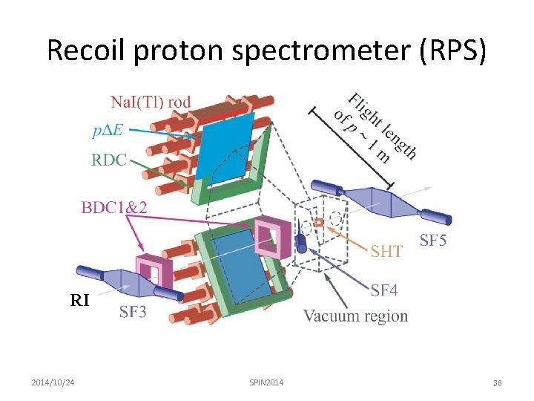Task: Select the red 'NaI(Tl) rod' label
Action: [x=151, y=102]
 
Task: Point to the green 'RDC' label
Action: [x=109, y=160]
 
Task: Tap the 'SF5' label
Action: [x=433, y=240]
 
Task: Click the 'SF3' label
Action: [x=133, y=312]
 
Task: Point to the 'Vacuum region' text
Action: [x=355, y=316]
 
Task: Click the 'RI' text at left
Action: [x=79, y=301]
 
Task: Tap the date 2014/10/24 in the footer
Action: [x=57, y=382]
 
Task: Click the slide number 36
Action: [x=498, y=383]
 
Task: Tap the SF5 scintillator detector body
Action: [x=378, y=200]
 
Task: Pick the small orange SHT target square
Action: [x=319, y=222]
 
